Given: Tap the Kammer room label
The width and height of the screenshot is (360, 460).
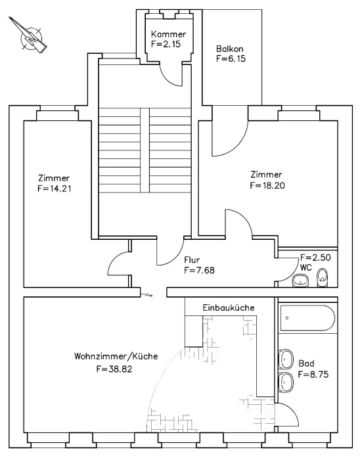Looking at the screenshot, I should (168, 34).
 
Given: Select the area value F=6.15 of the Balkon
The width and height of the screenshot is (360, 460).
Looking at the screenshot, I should (231, 58).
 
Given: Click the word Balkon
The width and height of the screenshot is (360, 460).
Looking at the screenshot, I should (231, 48).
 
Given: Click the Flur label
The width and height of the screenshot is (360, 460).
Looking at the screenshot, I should (192, 259).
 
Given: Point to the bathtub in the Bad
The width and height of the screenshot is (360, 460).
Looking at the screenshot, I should (308, 319).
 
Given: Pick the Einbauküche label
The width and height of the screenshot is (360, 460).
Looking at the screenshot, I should (228, 308).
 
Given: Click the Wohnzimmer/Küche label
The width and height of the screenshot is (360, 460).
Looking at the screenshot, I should (116, 357).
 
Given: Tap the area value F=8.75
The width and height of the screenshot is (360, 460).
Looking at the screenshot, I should (313, 374).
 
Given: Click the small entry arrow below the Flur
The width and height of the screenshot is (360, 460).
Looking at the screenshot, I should (148, 295).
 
